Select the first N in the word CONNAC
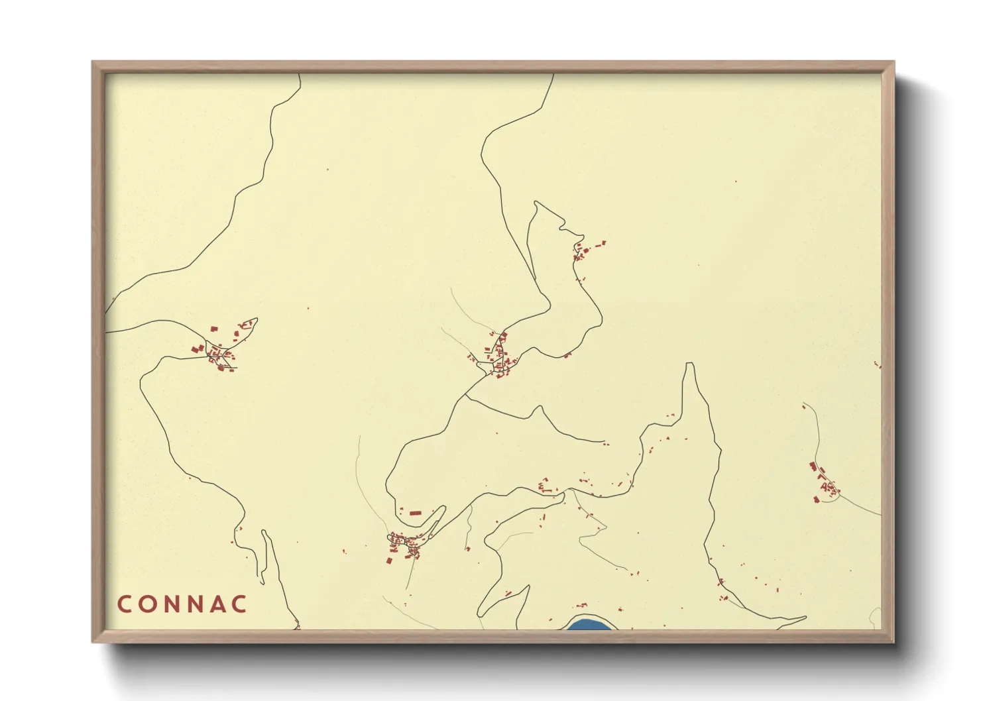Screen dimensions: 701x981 173,604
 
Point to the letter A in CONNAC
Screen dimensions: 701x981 216,604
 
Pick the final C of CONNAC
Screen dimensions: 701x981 239,604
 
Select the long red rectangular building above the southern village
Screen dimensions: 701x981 415,513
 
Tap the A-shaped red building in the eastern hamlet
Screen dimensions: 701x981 825,487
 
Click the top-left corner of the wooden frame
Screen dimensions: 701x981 93,62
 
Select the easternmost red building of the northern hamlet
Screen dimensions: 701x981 603,243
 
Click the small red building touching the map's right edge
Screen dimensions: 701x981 878,364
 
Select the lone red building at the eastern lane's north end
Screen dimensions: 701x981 804,407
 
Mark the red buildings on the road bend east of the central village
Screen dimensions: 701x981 567,356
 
